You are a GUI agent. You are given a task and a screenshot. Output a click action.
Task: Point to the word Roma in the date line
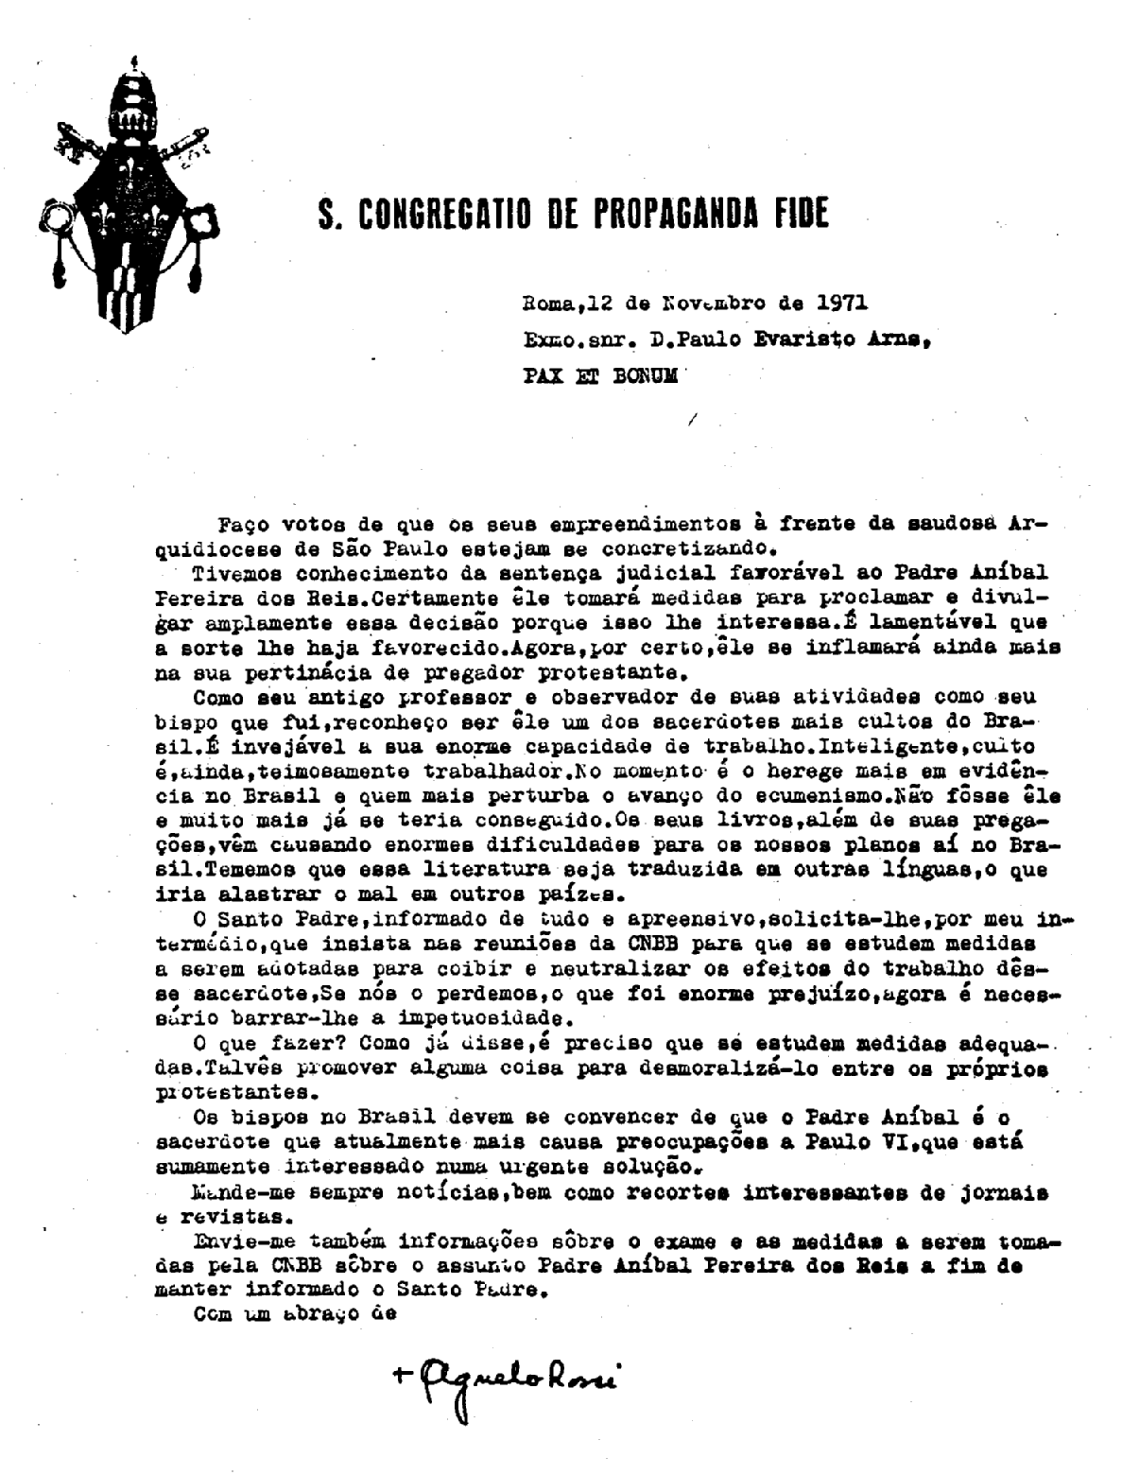point(546,304)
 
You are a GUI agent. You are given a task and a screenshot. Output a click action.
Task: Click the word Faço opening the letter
point(241,524)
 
